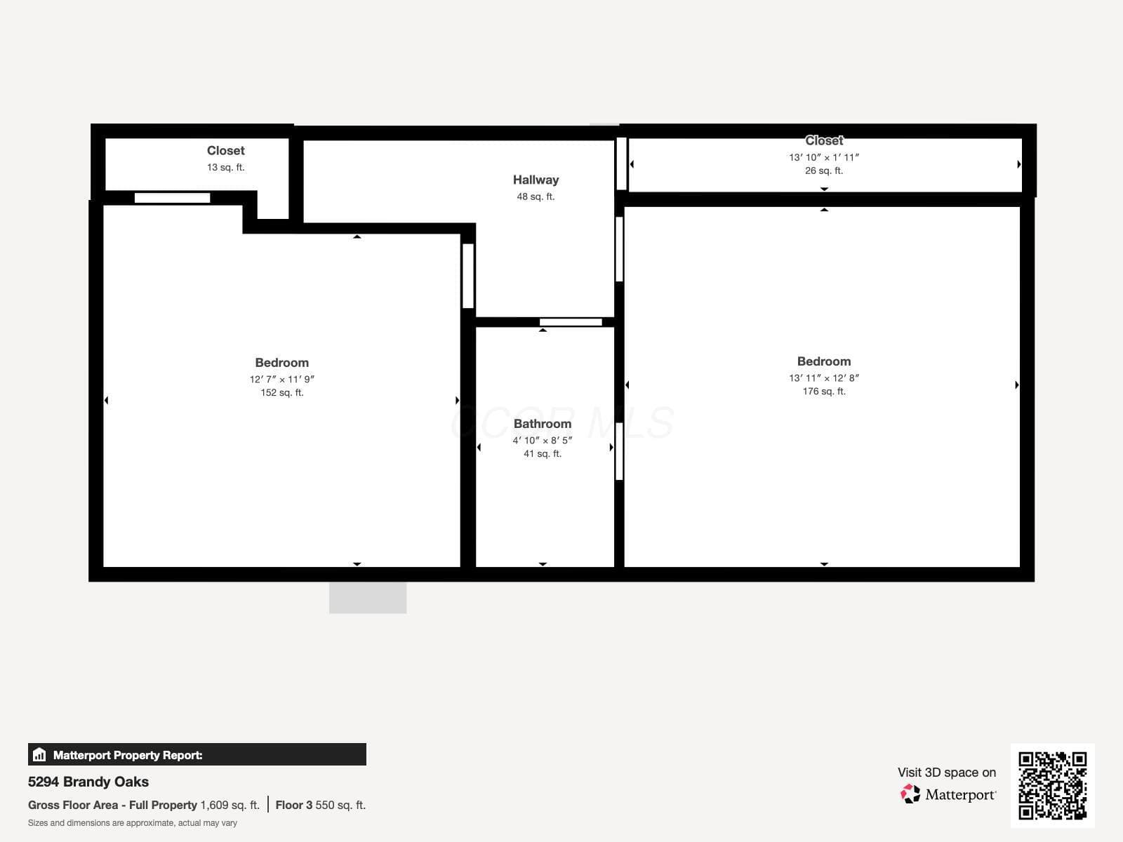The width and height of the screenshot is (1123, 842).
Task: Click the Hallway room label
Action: point(536,180)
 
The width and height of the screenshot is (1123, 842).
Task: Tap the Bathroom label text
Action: point(543,424)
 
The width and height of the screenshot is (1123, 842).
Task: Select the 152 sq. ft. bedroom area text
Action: point(282,393)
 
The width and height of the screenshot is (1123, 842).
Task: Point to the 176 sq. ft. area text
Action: point(824,391)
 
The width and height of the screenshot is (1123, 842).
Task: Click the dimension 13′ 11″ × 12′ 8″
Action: point(824,377)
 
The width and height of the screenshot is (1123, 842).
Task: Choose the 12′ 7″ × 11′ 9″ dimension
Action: point(282,379)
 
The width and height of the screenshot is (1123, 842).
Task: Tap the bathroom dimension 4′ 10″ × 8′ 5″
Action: point(543,440)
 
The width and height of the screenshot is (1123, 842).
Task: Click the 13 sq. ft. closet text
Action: point(225,167)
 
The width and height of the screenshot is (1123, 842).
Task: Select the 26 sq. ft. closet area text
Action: point(824,171)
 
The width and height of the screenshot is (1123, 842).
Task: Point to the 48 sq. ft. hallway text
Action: point(536,196)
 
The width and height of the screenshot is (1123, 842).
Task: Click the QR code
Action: point(1052,785)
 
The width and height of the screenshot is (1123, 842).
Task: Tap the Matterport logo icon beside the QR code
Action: point(910,794)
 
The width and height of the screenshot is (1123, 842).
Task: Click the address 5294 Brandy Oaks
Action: point(88,782)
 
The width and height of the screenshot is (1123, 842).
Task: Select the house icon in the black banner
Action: point(39,754)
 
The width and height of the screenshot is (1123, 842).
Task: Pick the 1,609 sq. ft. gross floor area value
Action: point(230,806)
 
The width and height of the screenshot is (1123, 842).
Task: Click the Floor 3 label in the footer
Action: point(293,806)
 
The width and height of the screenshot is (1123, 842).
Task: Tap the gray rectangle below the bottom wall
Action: point(368,597)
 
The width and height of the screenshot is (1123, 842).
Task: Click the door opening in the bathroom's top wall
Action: point(571,322)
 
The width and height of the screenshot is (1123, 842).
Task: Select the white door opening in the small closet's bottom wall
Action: point(173,198)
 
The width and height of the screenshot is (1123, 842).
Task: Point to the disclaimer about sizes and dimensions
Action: point(133,823)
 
